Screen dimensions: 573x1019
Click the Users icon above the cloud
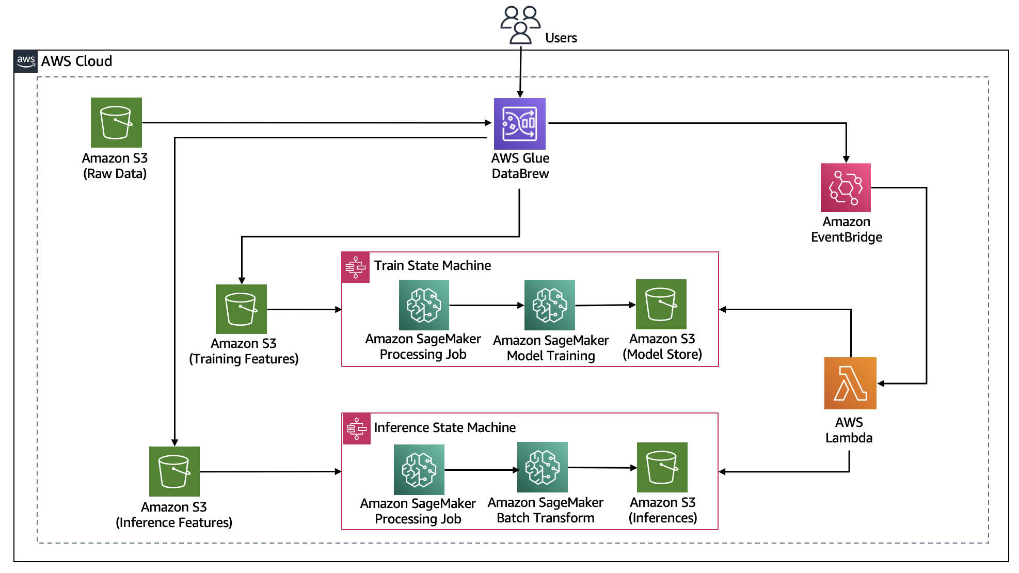coord(520,24)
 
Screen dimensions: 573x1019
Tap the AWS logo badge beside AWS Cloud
coord(26,61)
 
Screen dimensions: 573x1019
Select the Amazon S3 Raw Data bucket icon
coord(116,123)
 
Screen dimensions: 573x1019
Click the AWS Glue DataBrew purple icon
coord(520,124)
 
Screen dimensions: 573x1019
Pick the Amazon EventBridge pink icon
coord(846,188)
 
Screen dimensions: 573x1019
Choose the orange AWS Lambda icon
coord(850,383)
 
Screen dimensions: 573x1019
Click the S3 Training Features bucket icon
coord(241,309)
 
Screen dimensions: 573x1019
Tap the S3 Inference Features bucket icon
coord(174,471)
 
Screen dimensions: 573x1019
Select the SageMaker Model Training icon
coord(550,305)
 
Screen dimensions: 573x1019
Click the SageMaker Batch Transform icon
coord(543,467)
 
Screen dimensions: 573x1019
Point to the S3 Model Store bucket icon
coord(661,305)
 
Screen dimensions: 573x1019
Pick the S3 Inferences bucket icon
coord(662,467)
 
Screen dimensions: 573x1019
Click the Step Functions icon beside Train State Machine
coord(356,267)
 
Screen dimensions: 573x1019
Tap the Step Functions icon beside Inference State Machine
coord(356,428)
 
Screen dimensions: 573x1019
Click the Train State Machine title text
coord(433,266)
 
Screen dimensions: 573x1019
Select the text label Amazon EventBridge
coord(847,230)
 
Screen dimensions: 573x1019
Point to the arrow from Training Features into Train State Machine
coord(304,310)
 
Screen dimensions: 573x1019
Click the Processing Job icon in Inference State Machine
coord(419,470)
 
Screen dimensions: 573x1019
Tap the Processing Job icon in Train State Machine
coord(424,305)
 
